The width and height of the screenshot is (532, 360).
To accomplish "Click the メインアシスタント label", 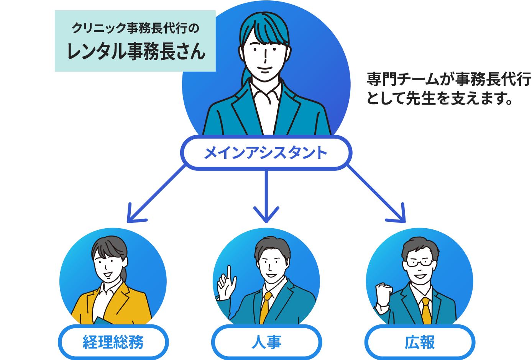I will tap(265, 153).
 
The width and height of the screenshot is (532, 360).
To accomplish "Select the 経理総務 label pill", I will tap(113, 342).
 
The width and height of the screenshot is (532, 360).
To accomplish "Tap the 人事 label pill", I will tap(266, 342).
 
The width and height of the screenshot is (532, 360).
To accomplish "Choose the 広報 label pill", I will tap(420, 342).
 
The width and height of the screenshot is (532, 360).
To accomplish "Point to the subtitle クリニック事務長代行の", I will tap(136, 28).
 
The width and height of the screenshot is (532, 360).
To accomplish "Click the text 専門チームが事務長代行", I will tap(448, 80).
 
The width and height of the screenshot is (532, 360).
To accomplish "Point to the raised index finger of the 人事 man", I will tap(229, 272).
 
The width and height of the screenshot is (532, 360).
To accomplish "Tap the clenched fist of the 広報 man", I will tap(382, 293).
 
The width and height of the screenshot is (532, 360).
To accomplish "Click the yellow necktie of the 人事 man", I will tap(265, 306).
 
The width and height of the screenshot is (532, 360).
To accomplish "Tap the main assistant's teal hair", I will tap(264, 27).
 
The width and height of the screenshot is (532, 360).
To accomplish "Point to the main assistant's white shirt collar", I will tap(265, 92).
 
